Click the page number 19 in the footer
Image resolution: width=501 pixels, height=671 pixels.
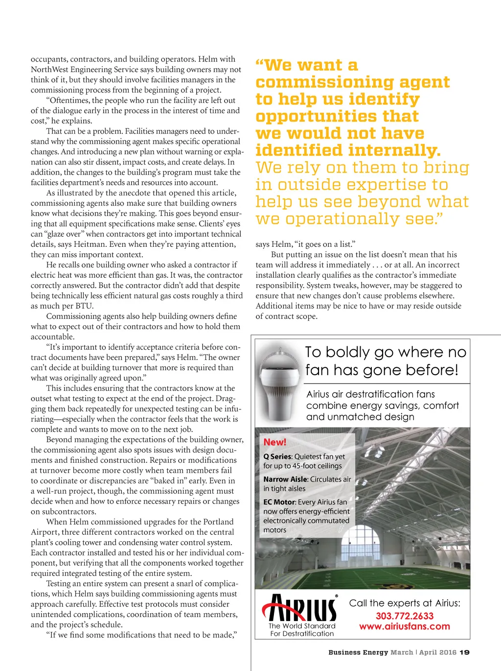(465, 652)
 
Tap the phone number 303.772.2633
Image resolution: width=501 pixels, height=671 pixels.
(405, 616)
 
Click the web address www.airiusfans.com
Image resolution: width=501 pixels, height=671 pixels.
(405, 626)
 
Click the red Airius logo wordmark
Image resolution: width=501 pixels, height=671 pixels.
(300, 608)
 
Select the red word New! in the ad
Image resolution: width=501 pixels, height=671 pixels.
(274, 442)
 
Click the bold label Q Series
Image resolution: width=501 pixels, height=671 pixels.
(277, 456)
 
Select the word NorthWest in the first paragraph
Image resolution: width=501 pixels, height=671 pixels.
(47, 69)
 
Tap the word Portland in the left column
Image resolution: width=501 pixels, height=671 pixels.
(219, 522)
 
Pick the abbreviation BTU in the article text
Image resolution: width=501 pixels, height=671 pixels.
(85, 306)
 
